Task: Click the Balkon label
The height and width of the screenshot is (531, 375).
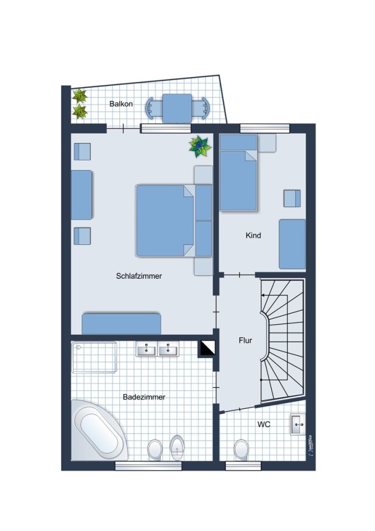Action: coord(121,104)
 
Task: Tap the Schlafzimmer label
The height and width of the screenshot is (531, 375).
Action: coord(138,276)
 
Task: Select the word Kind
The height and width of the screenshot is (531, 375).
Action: coord(254,235)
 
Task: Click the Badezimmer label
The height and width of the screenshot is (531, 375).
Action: coord(144,397)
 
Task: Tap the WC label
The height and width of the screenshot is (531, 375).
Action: coord(264,425)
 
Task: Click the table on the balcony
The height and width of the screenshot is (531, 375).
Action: coord(177,108)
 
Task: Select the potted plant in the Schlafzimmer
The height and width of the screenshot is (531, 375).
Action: coord(200,147)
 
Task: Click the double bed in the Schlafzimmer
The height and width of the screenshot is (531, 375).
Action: coord(165,220)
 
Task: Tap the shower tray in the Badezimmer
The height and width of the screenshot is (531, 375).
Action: coord(94,357)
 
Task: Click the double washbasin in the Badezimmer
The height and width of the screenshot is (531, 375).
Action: coord(158,349)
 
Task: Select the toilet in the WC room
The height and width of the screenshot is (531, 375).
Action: coord(241,449)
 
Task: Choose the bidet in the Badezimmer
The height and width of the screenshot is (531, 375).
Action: coord(177,448)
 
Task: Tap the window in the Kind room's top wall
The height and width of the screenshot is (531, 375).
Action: coord(265,128)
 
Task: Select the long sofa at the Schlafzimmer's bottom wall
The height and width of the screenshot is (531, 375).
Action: coord(121,323)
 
